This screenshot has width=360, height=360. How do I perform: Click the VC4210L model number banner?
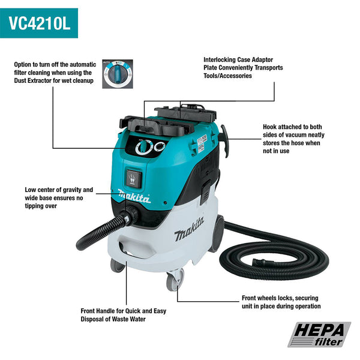tap(39, 23)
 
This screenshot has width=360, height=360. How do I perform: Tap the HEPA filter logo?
tap(319, 334)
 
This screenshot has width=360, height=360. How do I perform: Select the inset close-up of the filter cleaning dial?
tap(118, 74)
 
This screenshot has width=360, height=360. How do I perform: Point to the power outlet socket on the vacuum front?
tap(134, 178)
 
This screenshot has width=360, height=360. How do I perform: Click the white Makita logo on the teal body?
tap(134, 197)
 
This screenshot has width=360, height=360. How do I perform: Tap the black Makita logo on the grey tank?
tap(189, 229)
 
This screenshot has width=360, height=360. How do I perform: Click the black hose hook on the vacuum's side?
tap(225, 140)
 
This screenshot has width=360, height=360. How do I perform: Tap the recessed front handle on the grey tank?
tap(136, 248)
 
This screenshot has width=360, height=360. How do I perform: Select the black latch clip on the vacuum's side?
tap(206, 192)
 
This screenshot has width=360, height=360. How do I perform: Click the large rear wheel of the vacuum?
tap(218, 234)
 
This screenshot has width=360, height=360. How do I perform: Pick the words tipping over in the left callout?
tap(41, 206)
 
